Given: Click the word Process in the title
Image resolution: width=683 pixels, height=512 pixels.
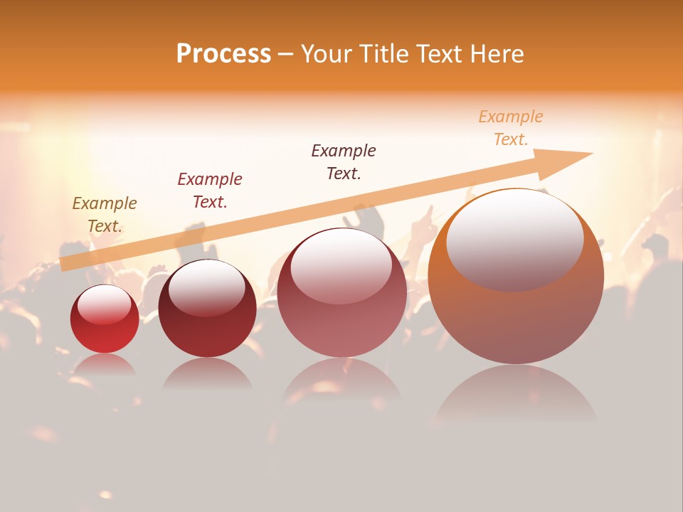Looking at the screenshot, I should coord(223,54).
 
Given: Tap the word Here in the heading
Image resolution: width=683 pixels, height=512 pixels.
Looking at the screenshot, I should coord(495,54).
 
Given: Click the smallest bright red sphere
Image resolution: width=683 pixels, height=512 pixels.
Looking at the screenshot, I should coord(105,320).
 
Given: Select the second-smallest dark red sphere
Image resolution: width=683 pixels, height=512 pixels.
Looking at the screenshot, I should coord(207,309).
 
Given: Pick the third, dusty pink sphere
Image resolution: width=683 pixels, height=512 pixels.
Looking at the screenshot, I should coord(342,293).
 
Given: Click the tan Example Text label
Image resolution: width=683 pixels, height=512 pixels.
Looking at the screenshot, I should coord(105,215).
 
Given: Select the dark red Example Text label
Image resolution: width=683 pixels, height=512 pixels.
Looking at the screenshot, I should coord(210,191).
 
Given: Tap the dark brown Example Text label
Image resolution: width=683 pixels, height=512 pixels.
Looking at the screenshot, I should coord(344,162).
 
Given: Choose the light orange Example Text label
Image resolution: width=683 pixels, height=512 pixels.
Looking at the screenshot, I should coord(511,128).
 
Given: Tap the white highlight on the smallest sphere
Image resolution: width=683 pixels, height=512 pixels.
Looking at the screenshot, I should coord(104,304).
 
